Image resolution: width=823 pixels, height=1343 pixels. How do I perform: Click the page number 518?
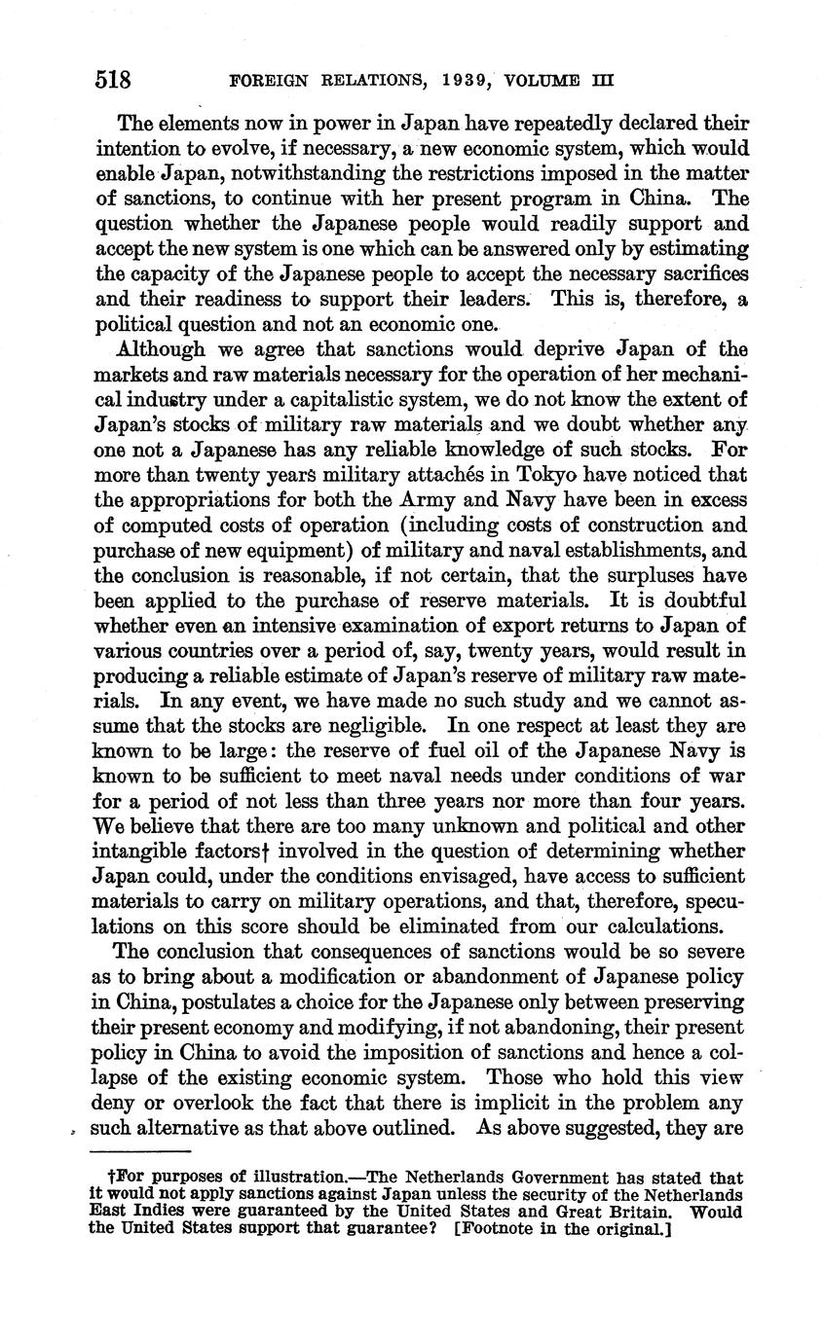point(113,79)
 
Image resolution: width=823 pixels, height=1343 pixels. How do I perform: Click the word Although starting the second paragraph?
point(160,348)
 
